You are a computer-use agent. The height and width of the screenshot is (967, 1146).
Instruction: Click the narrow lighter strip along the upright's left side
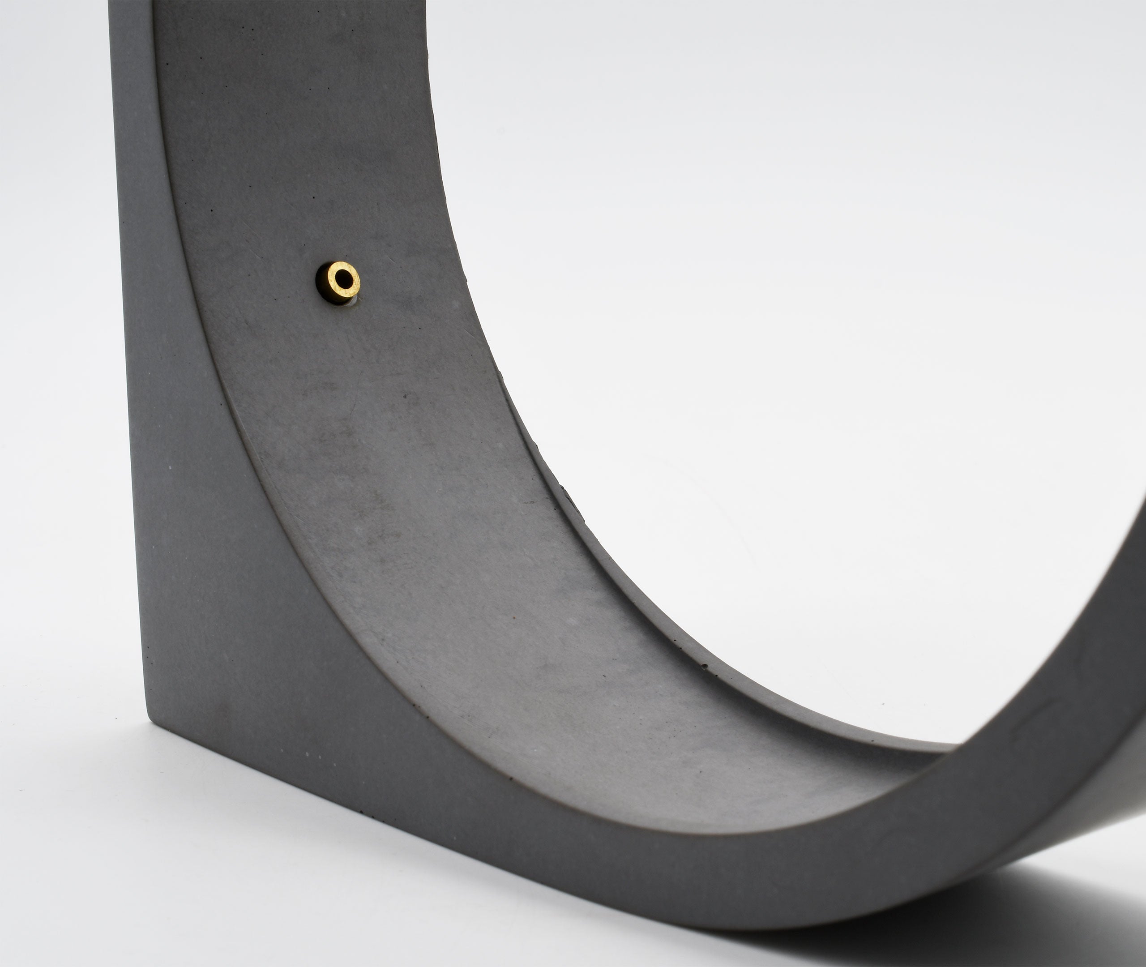[132, 274]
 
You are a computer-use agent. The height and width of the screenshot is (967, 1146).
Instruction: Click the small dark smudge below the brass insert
[406, 395]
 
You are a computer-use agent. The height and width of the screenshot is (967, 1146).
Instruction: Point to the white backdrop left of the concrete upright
[55, 329]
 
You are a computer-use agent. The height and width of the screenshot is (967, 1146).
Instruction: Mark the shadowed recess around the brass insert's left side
[321, 282]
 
